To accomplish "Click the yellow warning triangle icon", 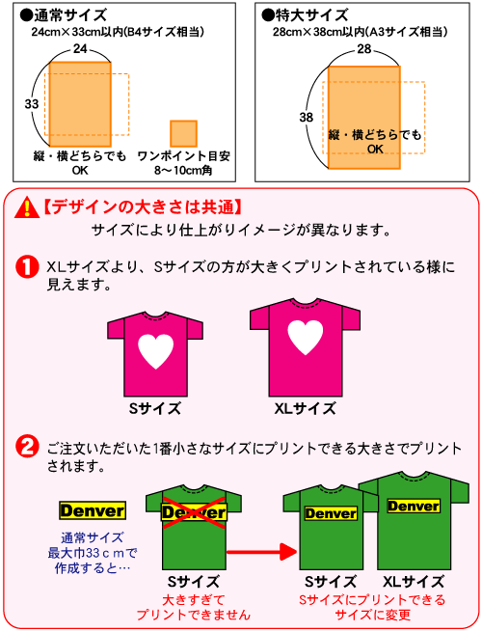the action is tap(27, 208).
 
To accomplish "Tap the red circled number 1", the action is tap(27, 267).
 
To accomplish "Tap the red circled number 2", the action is tap(27, 447).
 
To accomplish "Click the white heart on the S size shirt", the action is tap(156, 351).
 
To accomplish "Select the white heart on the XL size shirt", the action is tap(306, 337).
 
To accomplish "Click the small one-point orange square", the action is tap(183, 133).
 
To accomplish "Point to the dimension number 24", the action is tap(80, 49).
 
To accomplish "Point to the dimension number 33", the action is tap(32, 104).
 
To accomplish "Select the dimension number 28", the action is tap(364, 49).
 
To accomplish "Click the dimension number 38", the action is tap(306, 118).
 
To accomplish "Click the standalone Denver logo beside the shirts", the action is tap(93, 510).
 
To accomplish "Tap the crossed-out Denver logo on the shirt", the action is tap(194, 512).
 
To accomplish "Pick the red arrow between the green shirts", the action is tap(262, 551).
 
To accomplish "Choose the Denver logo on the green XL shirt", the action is tap(414, 506).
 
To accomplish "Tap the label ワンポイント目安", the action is tap(183, 156).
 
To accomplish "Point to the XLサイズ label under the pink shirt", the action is tap(305, 409).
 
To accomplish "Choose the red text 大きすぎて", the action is tap(194, 600).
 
